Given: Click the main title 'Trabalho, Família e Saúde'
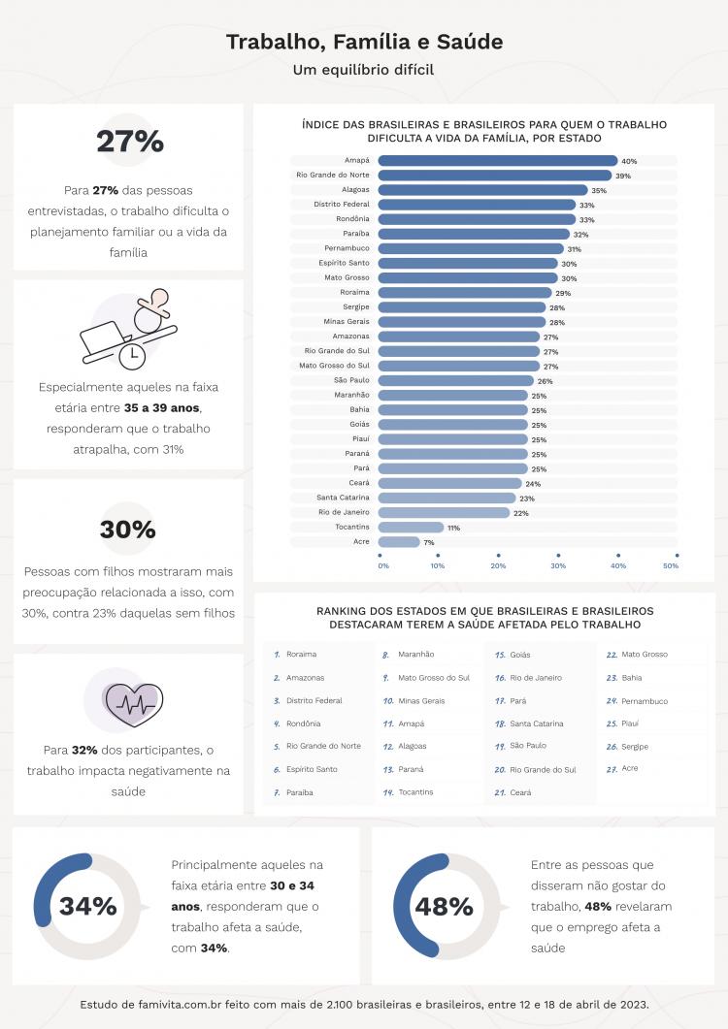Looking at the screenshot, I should point(364,43).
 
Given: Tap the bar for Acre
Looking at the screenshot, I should point(399,542).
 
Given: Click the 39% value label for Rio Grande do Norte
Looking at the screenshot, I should point(623,176).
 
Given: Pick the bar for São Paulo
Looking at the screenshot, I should point(455,381).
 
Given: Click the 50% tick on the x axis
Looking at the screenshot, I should point(671,565).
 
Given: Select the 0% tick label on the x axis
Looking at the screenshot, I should point(383,565).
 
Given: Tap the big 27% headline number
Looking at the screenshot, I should point(129,142).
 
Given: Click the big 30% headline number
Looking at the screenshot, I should point(127,530).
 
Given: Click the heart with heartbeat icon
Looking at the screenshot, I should point(132,704).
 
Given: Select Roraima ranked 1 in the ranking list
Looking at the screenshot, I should point(302,655).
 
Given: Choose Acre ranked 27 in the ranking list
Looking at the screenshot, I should point(630,769).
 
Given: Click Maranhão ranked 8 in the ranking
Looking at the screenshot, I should point(415,655).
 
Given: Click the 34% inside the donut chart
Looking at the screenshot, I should point(87,907).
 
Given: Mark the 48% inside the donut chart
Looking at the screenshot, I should point(444,907).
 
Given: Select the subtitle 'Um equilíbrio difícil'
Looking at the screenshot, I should point(364,70).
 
